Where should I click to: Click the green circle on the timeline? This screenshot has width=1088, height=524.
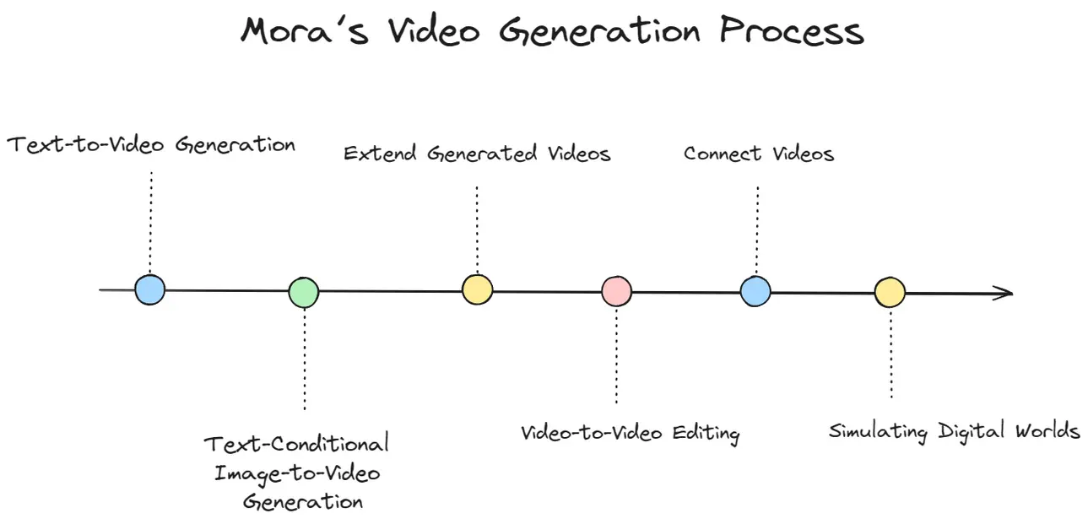(304, 292)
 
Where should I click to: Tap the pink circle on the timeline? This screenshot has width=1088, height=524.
(616, 291)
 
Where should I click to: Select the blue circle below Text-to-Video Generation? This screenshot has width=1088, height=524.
(150, 289)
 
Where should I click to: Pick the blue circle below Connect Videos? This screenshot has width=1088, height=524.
(755, 291)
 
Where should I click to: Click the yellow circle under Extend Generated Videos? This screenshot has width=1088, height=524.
(478, 289)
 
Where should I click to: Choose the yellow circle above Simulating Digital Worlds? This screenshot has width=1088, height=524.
(890, 292)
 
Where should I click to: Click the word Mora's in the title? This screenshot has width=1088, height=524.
(305, 31)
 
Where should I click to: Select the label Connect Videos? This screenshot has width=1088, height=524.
(759, 154)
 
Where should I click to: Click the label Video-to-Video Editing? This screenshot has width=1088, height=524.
(630, 433)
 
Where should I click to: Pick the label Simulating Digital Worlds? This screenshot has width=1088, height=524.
(954, 431)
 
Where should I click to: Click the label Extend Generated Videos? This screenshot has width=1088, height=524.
(477, 154)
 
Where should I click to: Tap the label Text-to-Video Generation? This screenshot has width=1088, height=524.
(151, 145)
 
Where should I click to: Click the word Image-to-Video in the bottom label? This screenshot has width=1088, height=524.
(297, 474)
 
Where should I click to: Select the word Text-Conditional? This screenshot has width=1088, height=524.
(296, 444)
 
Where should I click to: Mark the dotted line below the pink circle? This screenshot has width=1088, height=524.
(616, 356)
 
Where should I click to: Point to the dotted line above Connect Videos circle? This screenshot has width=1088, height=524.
(757, 230)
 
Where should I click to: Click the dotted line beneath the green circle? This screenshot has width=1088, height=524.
(305, 359)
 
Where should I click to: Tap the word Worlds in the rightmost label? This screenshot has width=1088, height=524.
(1047, 430)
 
